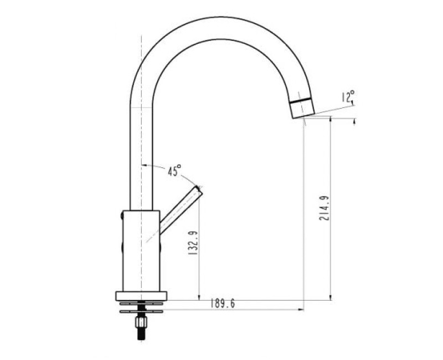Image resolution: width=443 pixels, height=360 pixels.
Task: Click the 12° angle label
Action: [348, 96]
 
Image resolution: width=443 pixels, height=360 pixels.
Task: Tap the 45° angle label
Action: [174, 171]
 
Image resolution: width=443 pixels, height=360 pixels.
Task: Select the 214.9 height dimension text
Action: [324, 208]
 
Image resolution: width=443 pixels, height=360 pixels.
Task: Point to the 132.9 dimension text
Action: [193, 243]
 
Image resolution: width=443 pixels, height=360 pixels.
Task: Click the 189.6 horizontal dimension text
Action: [223, 304]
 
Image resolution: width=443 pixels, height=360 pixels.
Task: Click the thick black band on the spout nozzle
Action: [301, 100]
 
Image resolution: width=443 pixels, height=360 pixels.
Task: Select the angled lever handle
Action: [181, 209]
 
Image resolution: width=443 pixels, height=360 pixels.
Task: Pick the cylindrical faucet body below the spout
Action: [141, 251]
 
